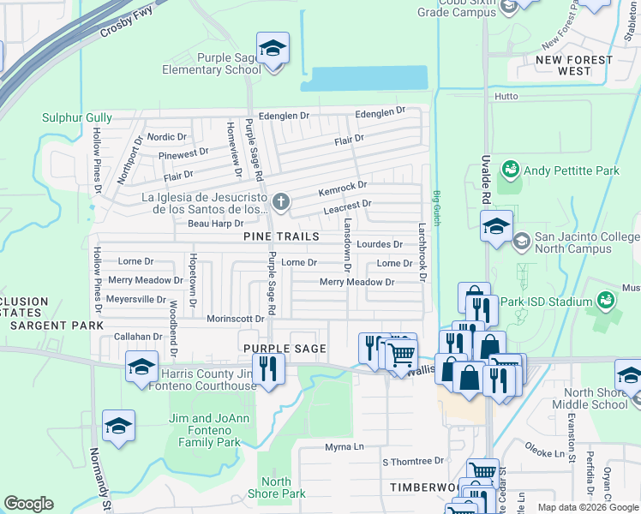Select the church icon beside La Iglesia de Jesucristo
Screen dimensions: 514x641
click(280, 202)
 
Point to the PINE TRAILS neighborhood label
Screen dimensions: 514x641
click(281, 236)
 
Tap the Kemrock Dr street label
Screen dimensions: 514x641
click(343, 185)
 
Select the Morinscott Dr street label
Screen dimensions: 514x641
click(235, 319)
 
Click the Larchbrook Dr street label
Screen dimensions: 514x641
click(422, 253)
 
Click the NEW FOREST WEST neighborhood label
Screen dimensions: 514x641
click(574, 65)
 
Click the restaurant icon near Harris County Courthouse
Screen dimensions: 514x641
click(269, 369)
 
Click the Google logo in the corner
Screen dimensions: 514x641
click(28, 504)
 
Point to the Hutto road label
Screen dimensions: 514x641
click(506, 97)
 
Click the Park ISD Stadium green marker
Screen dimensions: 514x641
click(606, 302)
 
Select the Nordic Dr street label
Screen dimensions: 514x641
click(167, 137)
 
